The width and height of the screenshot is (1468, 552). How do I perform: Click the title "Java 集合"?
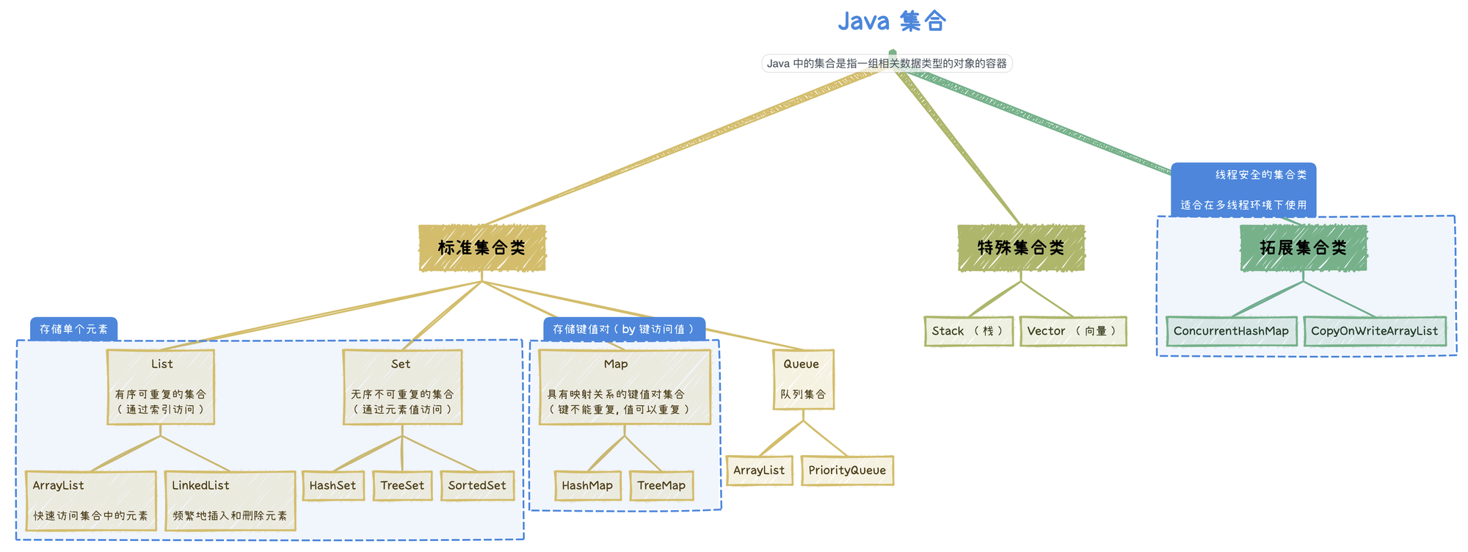(x=892, y=21)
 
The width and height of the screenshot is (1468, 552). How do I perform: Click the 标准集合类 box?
(x=482, y=248)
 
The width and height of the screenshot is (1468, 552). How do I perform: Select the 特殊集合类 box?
(x=1021, y=248)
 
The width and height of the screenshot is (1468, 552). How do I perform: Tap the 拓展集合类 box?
(x=1303, y=248)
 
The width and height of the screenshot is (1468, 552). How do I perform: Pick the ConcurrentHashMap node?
(x=1231, y=331)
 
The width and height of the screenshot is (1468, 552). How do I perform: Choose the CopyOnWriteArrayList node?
(x=1374, y=331)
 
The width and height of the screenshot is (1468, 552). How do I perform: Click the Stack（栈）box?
(x=968, y=331)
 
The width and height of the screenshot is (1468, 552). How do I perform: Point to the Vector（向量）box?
(x=1072, y=331)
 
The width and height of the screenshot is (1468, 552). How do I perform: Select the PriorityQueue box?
(x=847, y=471)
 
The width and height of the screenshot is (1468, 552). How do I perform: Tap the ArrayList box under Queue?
(x=759, y=471)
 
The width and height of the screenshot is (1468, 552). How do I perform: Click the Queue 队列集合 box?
(x=803, y=379)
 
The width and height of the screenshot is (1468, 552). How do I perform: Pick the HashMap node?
(x=587, y=486)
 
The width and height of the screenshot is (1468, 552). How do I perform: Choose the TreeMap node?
(x=661, y=486)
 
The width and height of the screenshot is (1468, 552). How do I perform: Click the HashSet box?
(x=333, y=486)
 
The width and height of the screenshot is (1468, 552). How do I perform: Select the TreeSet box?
(x=402, y=486)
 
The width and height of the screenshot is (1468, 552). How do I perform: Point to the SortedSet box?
(x=477, y=486)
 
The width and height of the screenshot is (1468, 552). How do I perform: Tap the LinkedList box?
(x=230, y=500)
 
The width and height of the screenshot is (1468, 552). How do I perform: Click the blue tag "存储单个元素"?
(x=73, y=329)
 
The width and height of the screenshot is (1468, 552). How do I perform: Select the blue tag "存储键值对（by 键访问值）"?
(x=624, y=329)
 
